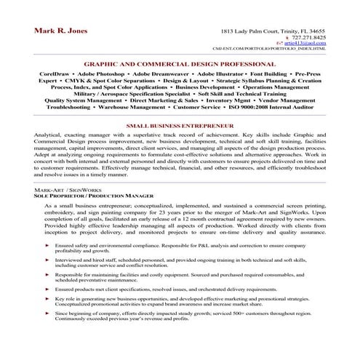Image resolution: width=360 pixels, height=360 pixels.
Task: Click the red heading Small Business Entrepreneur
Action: [180, 126]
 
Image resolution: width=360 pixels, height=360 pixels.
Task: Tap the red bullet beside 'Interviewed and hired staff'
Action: [47, 261]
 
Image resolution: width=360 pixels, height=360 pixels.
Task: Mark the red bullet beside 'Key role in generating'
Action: [47, 300]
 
